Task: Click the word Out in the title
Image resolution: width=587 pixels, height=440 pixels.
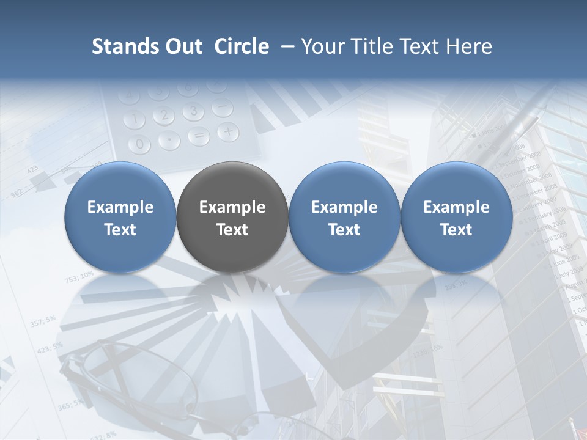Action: coord(183,46)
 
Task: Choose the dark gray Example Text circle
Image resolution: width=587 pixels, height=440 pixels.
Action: coord(232,216)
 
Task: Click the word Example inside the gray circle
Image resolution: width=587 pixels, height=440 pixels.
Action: coord(232,207)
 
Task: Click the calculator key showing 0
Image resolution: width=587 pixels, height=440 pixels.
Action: coord(140,144)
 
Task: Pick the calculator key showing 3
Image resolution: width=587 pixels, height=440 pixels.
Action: coord(193,111)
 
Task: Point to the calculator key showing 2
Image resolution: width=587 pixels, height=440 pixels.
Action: coord(163,115)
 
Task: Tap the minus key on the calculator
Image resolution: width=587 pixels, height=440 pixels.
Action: coord(222,108)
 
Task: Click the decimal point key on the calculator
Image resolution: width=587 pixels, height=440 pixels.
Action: coord(169,140)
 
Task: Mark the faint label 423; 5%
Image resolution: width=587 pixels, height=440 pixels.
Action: coord(50,348)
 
